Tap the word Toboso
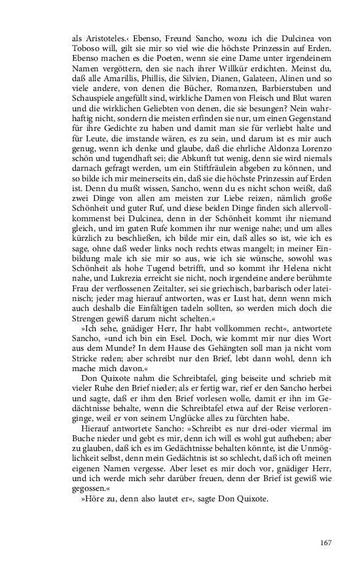(86, 52)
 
